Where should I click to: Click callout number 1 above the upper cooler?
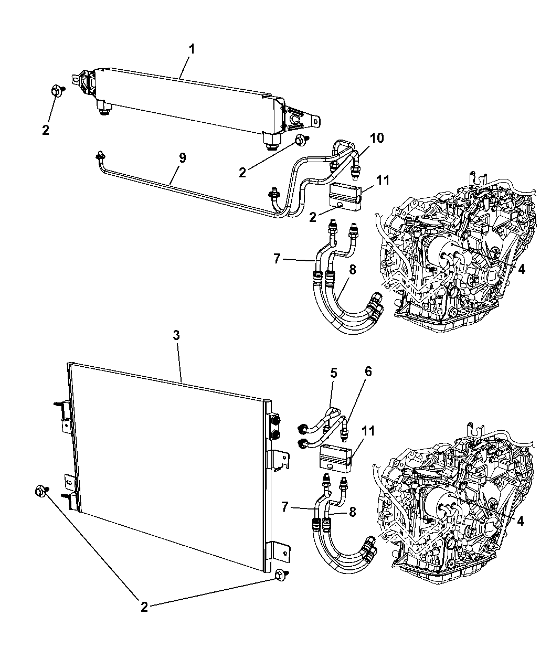tap(192, 50)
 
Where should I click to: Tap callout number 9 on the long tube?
tap(182, 158)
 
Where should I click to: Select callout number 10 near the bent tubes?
tap(376, 138)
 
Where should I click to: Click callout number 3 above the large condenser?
tap(176, 335)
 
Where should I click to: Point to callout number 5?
tap(334, 373)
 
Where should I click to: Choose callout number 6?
tap(368, 371)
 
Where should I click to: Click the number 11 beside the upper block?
tap(383, 180)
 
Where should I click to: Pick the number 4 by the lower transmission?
tap(521, 522)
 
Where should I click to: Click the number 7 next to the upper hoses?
tap(277, 259)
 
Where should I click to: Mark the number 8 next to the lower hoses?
tap(352, 512)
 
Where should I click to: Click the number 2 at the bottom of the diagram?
tap(144, 607)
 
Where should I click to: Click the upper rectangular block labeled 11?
tap(345, 197)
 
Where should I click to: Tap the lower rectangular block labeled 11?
tap(336, 459)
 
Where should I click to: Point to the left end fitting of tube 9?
tap(100, 157)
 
